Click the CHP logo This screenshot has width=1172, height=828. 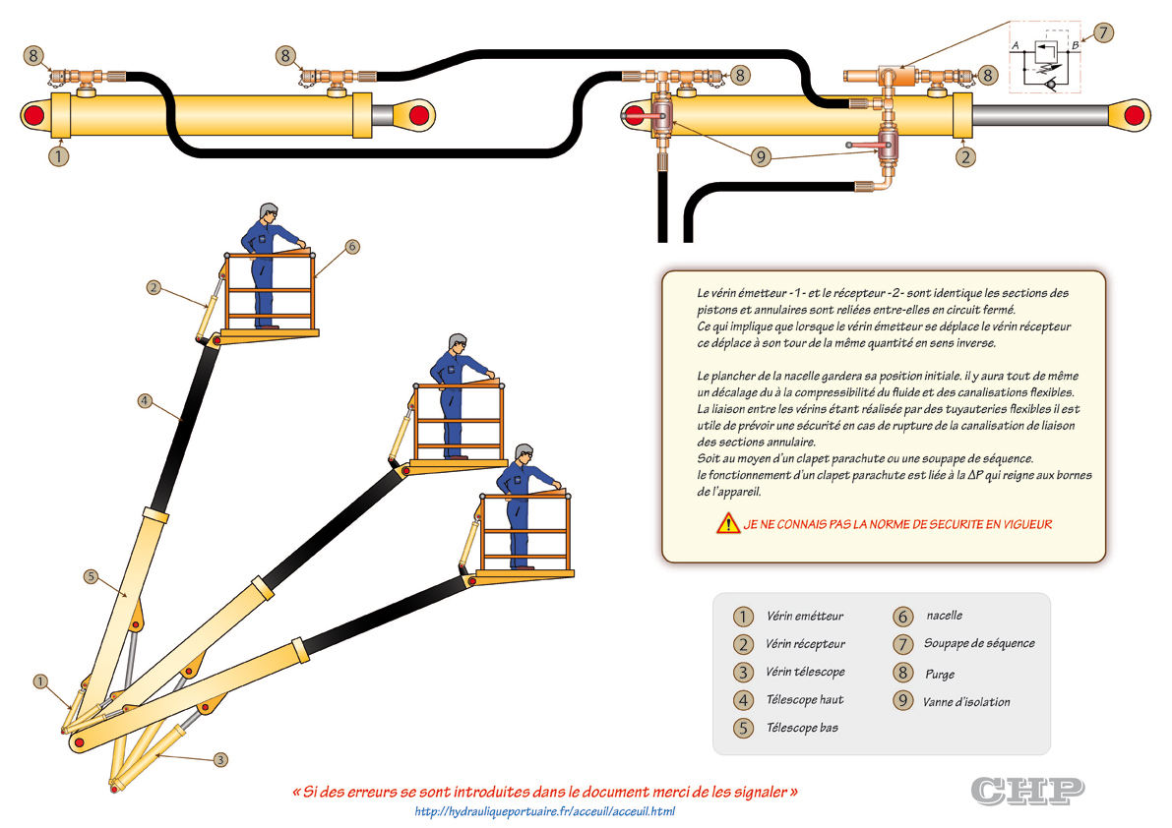coord(1027,789)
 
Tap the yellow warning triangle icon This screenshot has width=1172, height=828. coord(728,524)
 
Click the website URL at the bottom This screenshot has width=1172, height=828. coord(545,811)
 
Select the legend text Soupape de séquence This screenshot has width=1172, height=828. coord(978,643)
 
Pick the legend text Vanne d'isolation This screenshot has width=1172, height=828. coord(965,702)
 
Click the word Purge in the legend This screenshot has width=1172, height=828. coord(939,675)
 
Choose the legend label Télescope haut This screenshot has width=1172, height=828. coord(804,700)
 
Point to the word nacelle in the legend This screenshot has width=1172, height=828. coord(944,616)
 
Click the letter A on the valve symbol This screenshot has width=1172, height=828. coord(1015,45)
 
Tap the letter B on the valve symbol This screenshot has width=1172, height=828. coord(1076,45)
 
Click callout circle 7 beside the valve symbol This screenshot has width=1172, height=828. coord(1104,31)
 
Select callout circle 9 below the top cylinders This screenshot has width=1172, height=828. coord(760,155)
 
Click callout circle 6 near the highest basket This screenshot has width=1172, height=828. coord(352,247)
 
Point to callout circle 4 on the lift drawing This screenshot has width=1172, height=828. coord(144,400)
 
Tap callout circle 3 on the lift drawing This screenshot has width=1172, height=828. coord(220,759)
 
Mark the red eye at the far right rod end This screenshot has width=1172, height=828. coord(1134,115)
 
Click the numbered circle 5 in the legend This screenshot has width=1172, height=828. coord(743,729)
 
